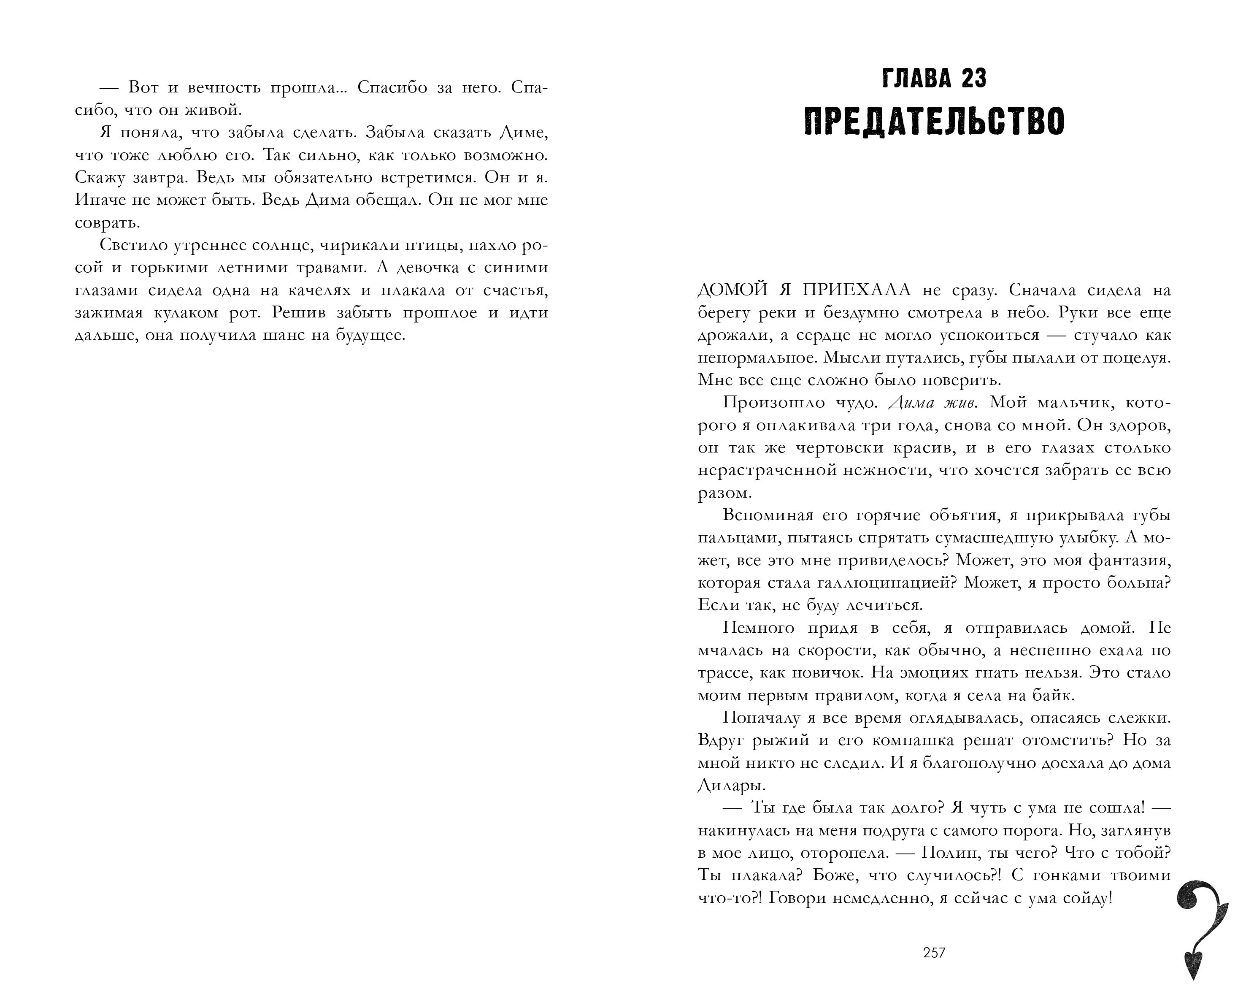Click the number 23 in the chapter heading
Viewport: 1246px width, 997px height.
[x=974, y=79]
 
